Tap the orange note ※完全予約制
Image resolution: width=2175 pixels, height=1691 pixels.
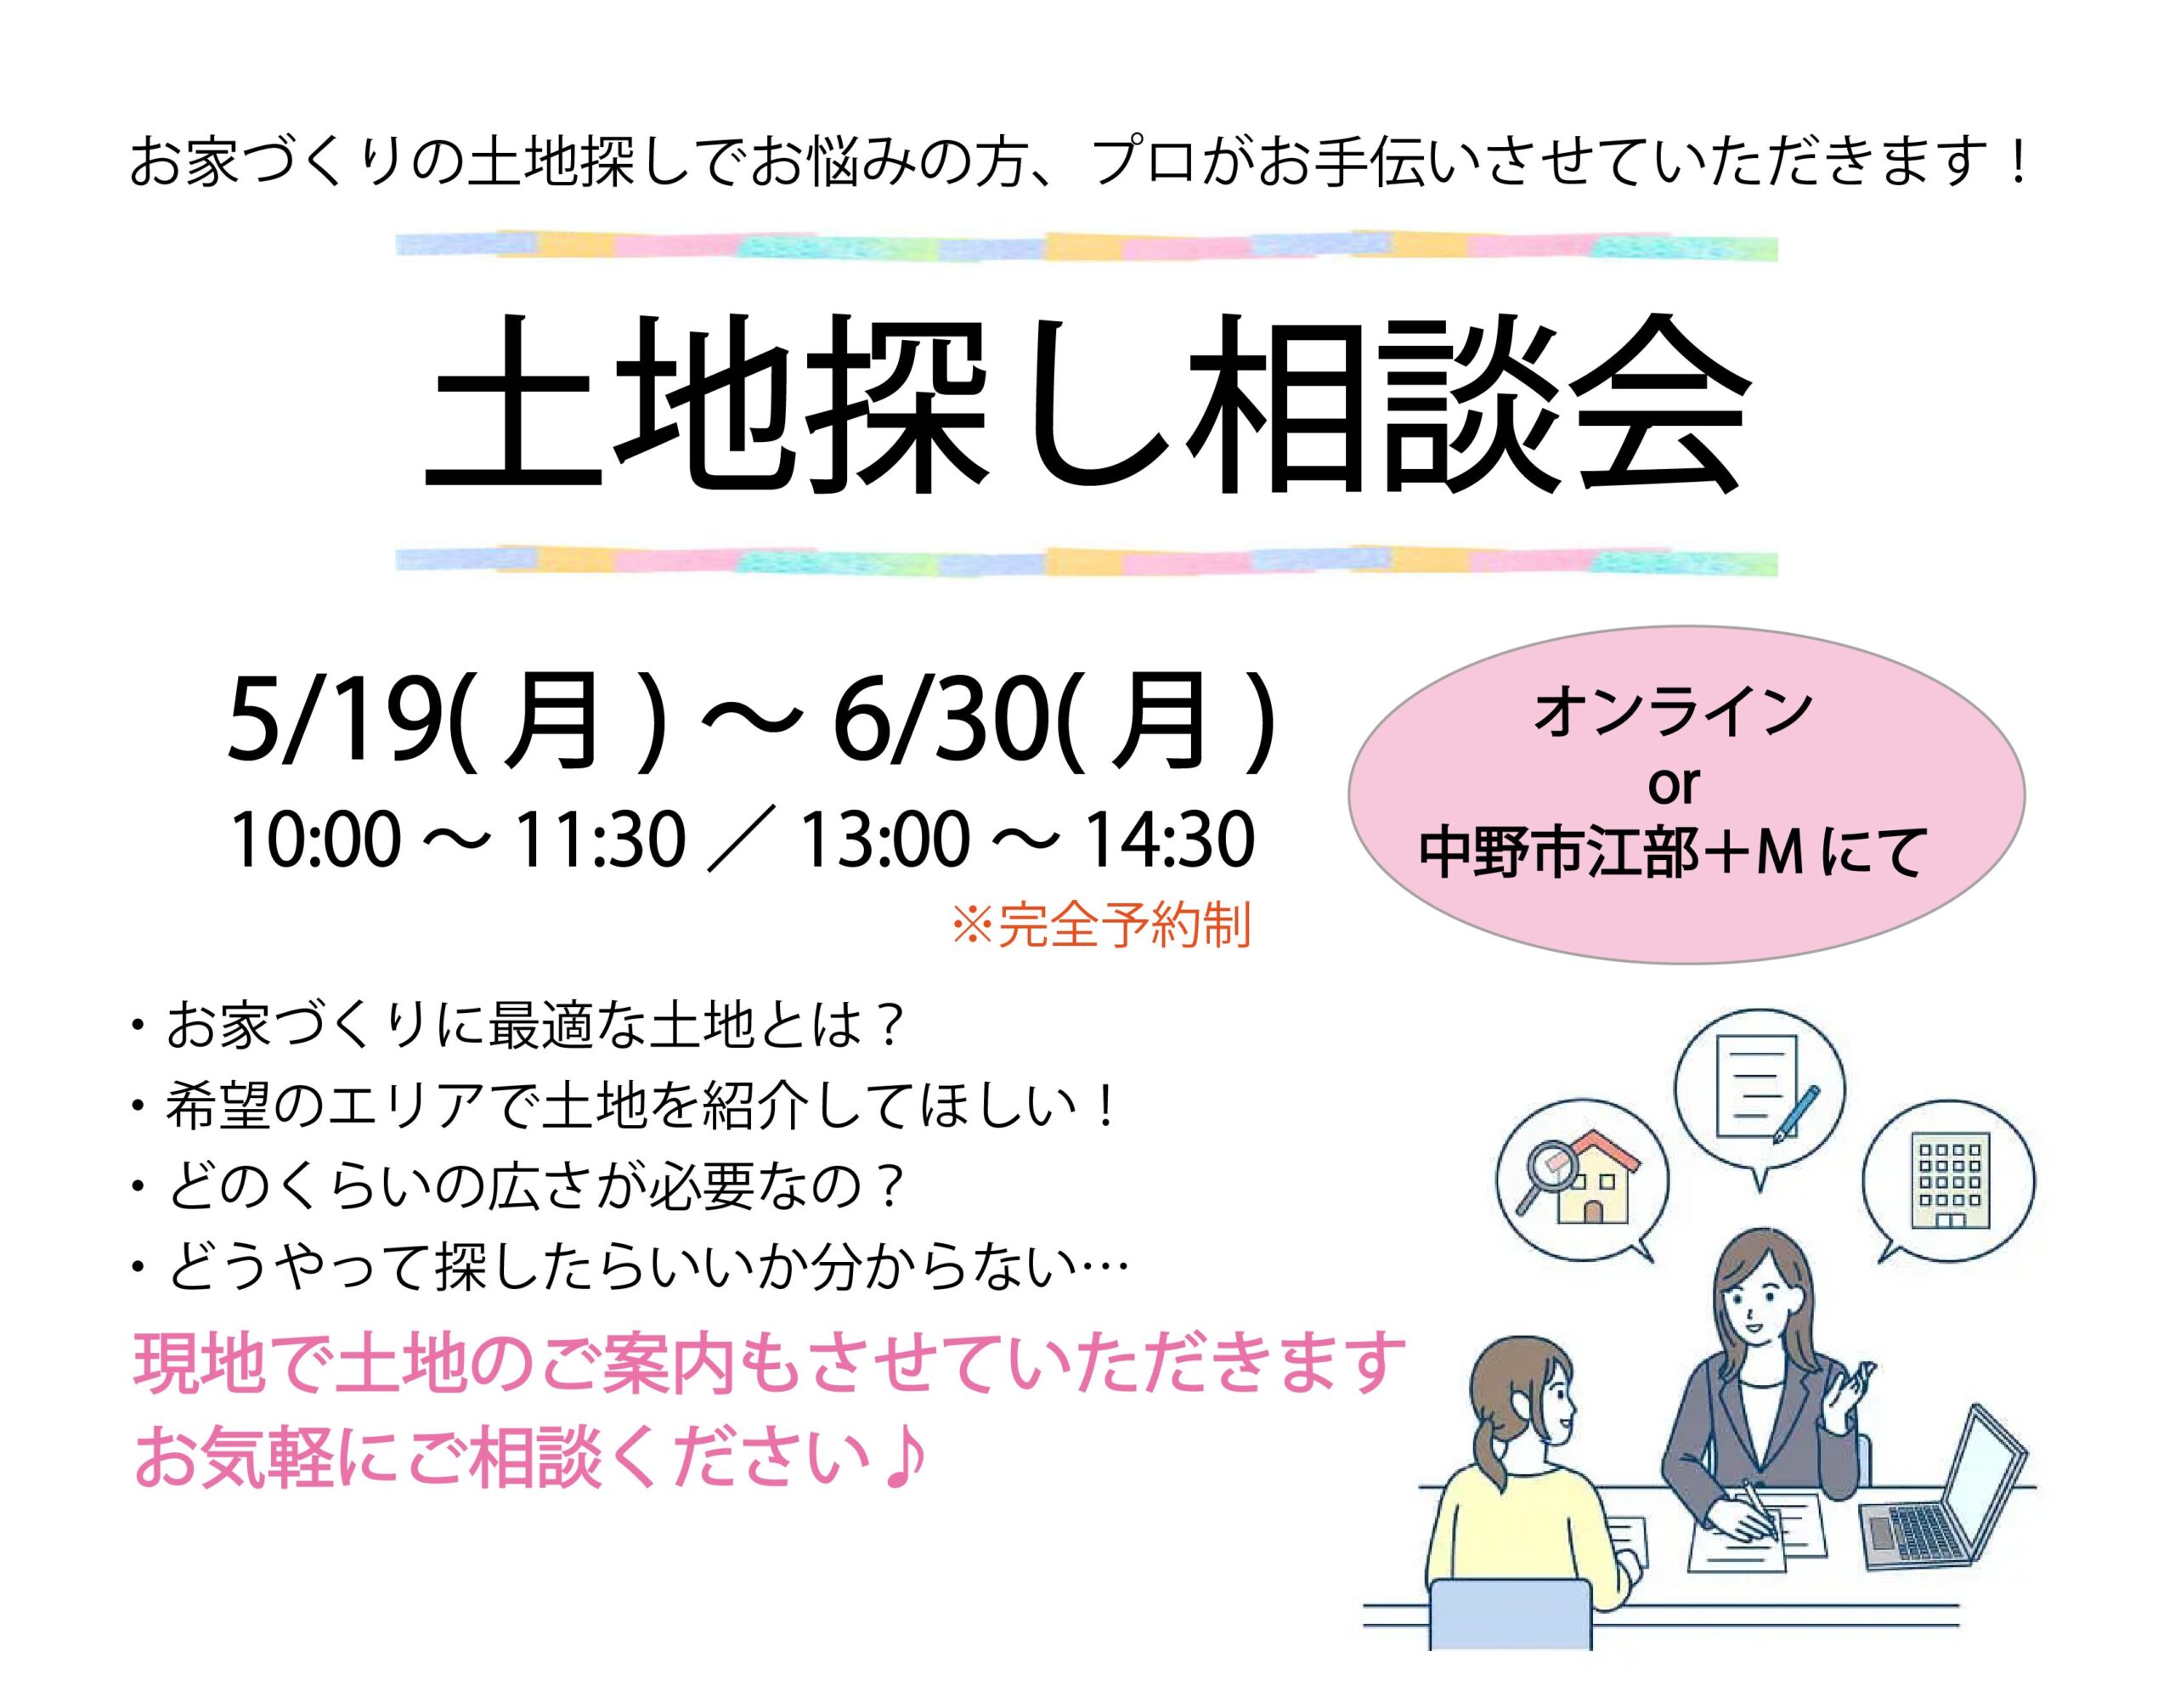pyautogui.click(x=1100, y=926)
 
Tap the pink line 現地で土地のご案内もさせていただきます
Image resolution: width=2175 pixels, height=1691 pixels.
pyautogui.click(x=768, y=1363)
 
